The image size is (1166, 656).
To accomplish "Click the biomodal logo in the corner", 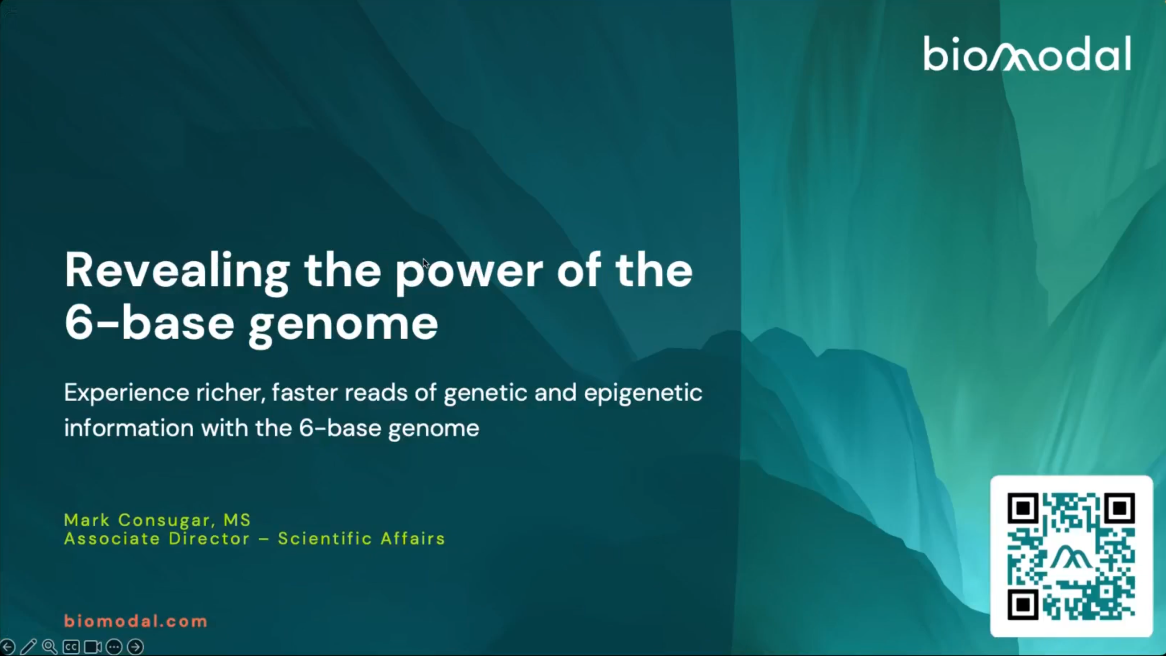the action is tap(1027, 54).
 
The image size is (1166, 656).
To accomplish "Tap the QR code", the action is tap(1071, 556).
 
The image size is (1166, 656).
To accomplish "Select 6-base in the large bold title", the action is tap(149, 323).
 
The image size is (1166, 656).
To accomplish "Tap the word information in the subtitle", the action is tap(129, 428).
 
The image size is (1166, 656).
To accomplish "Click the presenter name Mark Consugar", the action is tap(137, 520).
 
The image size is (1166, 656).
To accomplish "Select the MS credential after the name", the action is tap(237, 520).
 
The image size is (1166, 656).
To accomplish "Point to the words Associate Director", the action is tap(157, 539).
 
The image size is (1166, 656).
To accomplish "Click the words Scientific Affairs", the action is tap(361, 539).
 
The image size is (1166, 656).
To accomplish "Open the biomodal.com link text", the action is tap(136, 621).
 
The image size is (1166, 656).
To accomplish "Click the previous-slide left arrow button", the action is tap(8, 646).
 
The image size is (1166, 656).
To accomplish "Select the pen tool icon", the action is tap(28, 646).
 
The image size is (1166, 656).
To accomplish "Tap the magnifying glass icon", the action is tap(50, 646).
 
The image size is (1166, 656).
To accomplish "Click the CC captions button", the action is tap(71, 647).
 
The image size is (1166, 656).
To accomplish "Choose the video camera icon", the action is tap(92, 647).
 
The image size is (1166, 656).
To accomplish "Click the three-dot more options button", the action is tap(114, 647).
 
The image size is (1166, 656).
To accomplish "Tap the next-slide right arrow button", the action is tap(135, 647).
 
